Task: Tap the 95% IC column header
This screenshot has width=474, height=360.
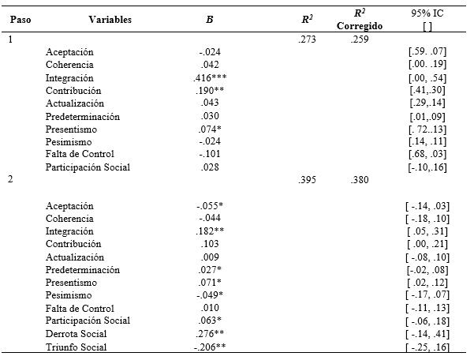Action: (x=427, y=13)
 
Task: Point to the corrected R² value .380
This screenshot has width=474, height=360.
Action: (x=360, y=180)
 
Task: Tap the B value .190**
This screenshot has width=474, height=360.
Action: (x=209, y=91)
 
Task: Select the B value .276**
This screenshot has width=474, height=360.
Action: (x=209, y=333)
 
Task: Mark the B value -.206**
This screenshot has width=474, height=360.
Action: (x=209, y=347)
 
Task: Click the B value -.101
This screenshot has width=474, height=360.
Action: (x=209, y=154)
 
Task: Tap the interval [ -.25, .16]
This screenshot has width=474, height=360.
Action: (x=427, y=347)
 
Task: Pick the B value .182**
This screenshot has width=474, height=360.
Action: (x=209, y=231)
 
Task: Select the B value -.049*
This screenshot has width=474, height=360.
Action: (x=209, y=295)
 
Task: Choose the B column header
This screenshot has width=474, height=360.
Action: (x=209, y=19)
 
